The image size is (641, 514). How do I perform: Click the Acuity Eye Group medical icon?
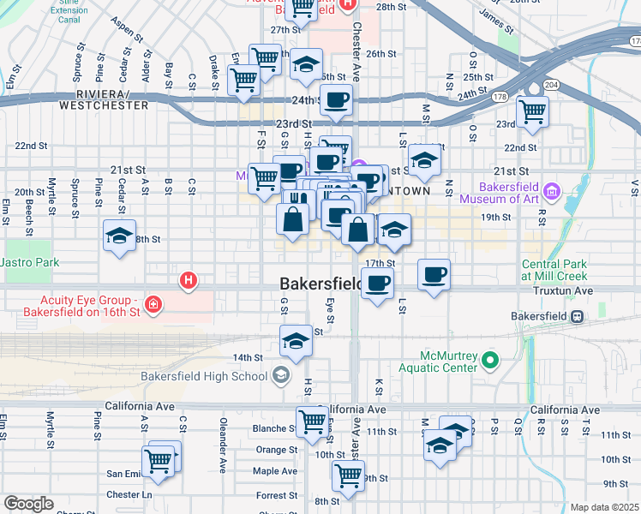153,305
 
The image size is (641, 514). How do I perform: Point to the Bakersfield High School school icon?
280,375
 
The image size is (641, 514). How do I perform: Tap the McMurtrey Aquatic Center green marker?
490,361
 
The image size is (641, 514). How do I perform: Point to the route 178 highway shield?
499,97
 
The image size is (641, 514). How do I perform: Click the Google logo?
28,504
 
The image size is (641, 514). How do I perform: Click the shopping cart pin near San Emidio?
159,461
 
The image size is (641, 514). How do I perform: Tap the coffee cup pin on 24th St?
336,99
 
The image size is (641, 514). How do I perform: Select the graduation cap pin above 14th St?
296,340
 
